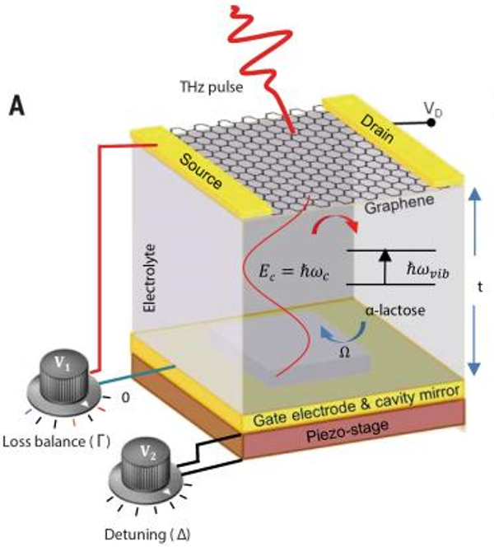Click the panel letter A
coord(19,106)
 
